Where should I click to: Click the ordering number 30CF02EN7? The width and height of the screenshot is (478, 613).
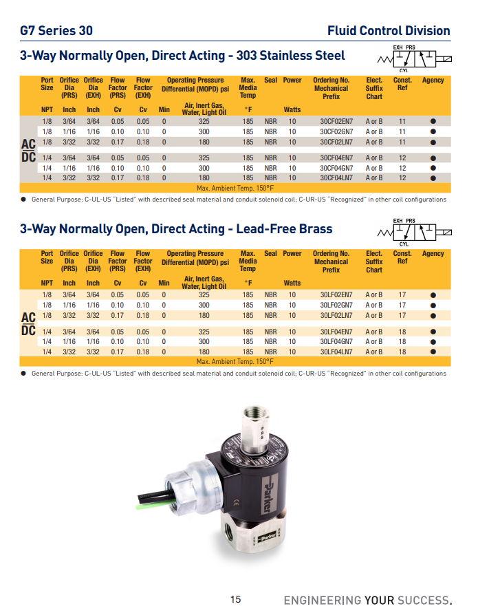coord(336,121)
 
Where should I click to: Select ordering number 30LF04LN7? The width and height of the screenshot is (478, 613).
coord(336,352)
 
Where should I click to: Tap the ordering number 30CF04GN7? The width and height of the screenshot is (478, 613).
coord(336,168)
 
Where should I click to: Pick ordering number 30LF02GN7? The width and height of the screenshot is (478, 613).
coord(336,305)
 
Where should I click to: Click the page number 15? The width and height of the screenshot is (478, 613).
coord(236,599)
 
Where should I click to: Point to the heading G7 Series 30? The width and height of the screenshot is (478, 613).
coord(56,31)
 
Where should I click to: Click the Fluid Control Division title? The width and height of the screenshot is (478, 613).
coord(389,31)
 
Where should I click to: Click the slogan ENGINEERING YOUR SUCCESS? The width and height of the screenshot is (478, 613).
coord(368,599)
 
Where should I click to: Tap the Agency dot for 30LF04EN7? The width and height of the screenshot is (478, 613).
coord(433,331)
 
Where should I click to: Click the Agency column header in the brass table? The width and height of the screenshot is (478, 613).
coord(433,254)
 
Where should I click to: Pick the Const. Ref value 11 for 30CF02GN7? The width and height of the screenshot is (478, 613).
coord(402,131)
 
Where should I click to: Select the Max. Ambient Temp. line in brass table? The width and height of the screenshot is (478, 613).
coord(235,361)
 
